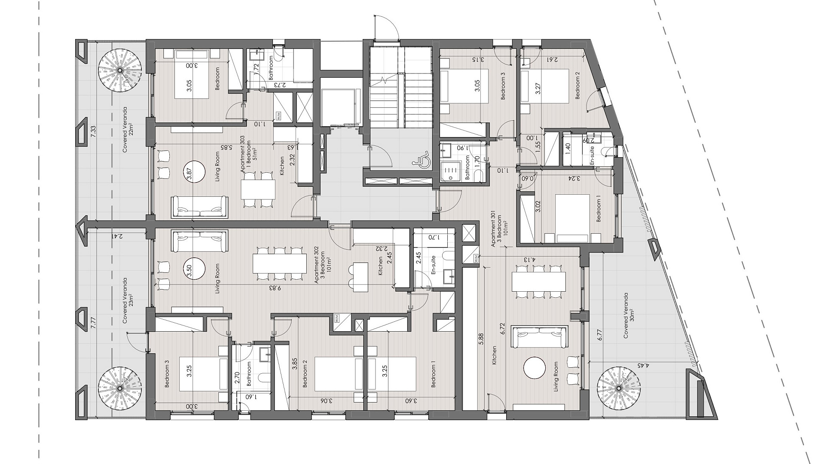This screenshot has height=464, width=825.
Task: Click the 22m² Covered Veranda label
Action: (x=128, y=129)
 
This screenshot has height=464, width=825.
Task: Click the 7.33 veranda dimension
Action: (x=93, y=131)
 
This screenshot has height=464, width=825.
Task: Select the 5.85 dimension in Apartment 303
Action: (x=224, y=147)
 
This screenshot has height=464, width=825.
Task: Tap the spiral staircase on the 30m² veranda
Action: (x=619, y=388)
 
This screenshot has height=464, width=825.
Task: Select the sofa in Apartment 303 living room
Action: (x=199, y=206)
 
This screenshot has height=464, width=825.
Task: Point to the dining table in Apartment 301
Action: (x=539, y=282)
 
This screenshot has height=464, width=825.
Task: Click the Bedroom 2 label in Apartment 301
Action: (x=578, y=85)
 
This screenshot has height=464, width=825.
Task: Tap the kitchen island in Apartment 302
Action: (x=361, y=278)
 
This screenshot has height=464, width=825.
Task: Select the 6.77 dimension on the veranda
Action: (x=599, y=335)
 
